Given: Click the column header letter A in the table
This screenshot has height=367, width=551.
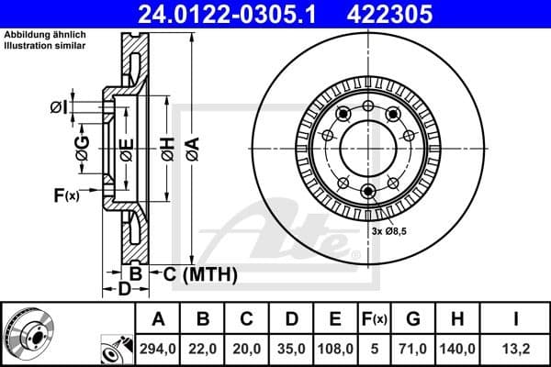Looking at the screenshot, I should click(159, 320).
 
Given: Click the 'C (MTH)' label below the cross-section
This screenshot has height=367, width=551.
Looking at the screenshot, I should click(200, 273).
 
